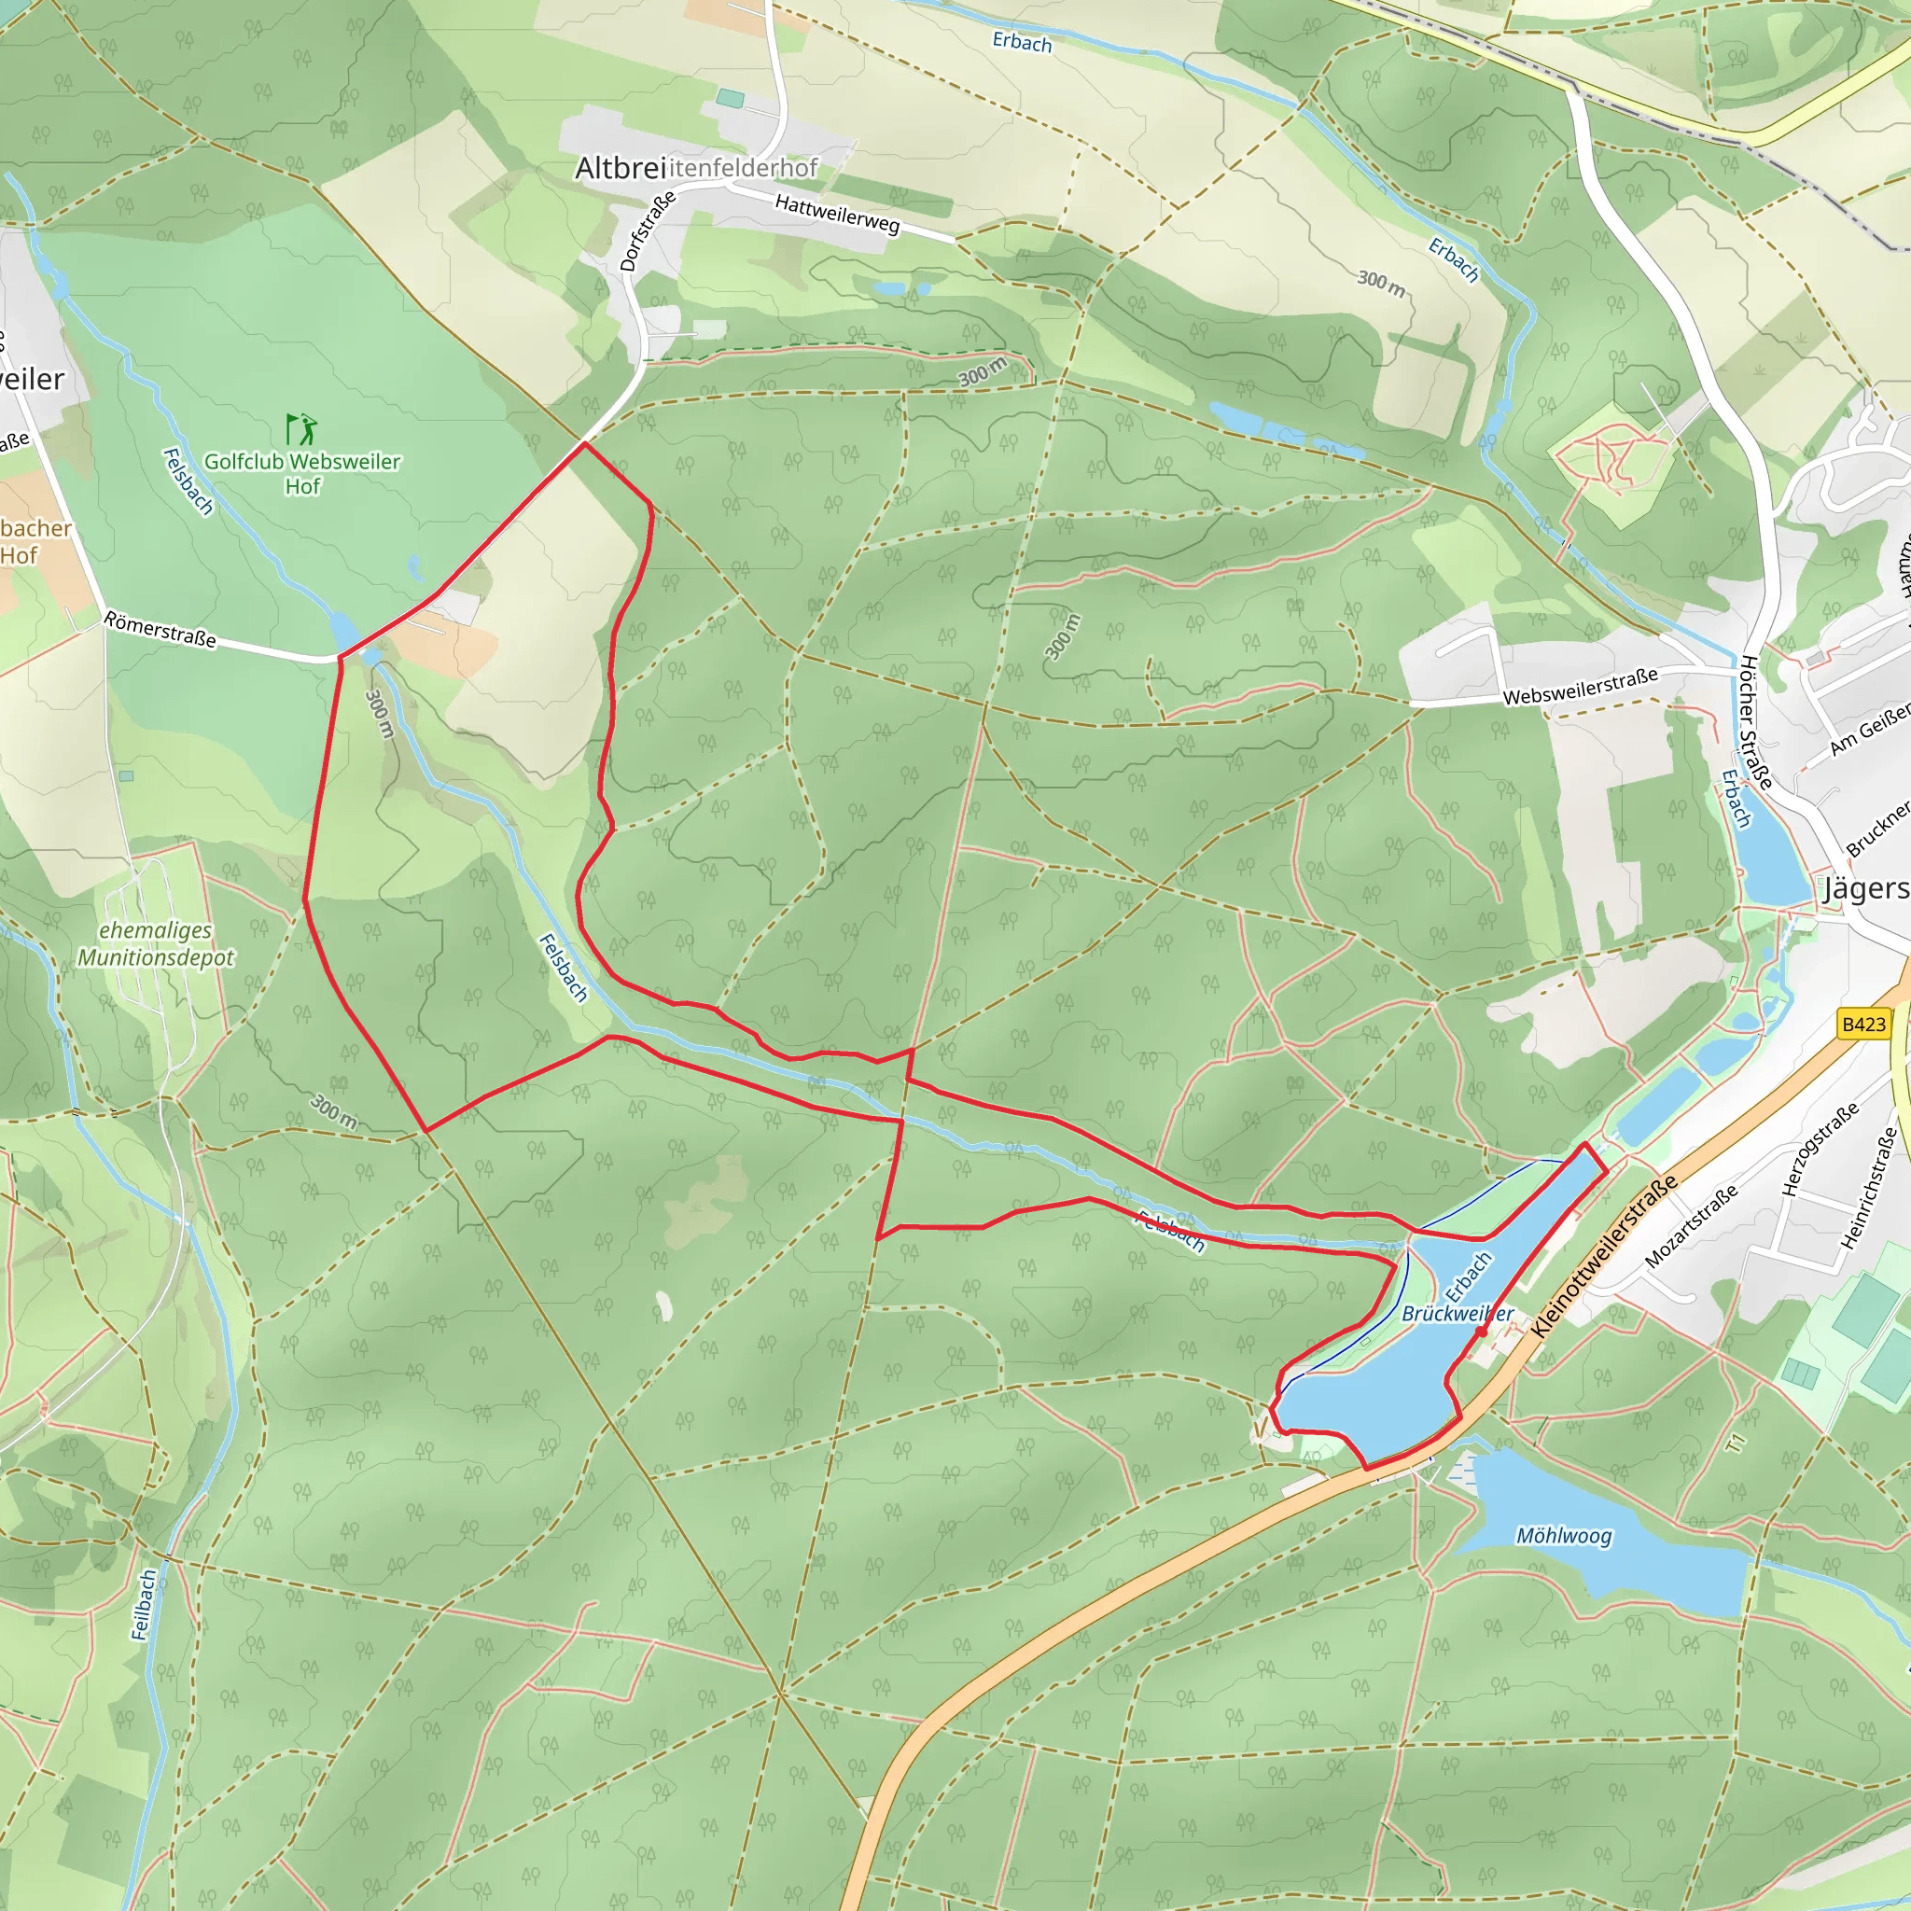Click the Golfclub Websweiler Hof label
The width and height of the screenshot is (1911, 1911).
(x=301, y=474)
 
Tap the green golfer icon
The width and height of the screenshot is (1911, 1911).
(x=301, y=429)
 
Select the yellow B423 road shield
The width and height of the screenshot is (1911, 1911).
(x=1863, y=1024)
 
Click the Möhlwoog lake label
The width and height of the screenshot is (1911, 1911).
(x=1564, y=1535)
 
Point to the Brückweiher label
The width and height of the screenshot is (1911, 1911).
(x=1457, y=1314)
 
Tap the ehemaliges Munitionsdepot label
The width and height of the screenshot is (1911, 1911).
(x=156, y=943)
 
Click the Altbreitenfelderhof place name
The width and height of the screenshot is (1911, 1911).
(x=695, y=168)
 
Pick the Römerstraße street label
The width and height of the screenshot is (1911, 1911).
(x=160, y=630)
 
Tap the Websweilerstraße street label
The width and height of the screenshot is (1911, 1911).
(x=1580, y=687)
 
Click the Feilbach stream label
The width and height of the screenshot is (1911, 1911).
(x=145, y=1604)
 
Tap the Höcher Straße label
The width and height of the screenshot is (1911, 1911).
(x=1755, y=722)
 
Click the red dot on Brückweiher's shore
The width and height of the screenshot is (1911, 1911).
(x=1481, y=1332)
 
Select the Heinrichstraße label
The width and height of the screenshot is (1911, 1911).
(x=1868, y=1188)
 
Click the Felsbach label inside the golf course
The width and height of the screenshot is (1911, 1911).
(x=188, y=481)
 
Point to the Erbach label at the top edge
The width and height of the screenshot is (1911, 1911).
(x=1022, y=43)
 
